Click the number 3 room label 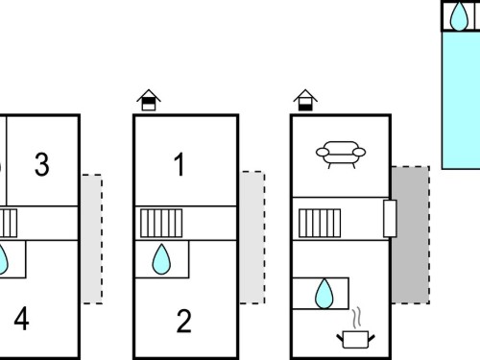point(42,164)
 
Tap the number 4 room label point(21,319)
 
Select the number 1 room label point(180,164)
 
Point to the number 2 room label point(183,321)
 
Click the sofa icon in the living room point(341,155)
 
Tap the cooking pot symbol point(355,340)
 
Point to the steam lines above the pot point(357,318)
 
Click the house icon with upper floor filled point(149,100)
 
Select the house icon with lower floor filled point(305,100)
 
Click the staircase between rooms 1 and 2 point(161,224)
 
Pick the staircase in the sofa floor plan point(320,224)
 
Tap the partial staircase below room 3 point(9,224)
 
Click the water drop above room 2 point(161,259)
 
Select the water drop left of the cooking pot point(324,294)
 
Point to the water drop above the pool point(459,16)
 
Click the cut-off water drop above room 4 point(3,259)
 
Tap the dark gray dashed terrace point(411,235)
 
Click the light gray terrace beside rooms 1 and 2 point(252,237)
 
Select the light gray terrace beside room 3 point(92,239)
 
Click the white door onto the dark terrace point(390,219)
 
